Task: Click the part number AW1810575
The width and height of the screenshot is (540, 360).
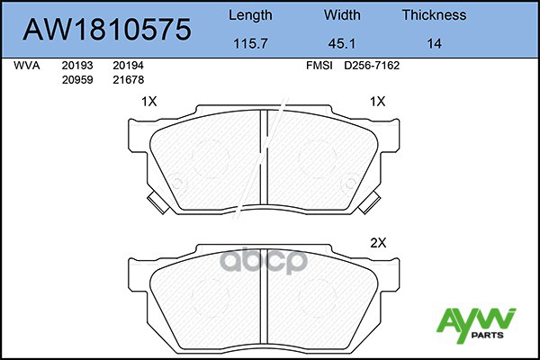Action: [x=107, y=29]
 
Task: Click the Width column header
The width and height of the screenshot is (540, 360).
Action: [x=342, y=14]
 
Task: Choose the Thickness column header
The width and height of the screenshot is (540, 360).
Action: [x=434, y=14]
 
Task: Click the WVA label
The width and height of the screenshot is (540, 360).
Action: [x=26, y=66]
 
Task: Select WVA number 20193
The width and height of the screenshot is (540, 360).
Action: [x=75, y=66]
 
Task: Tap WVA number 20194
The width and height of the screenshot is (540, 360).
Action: [x=128, y=66]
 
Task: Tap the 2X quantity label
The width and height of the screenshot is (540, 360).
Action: [x=378, y=243]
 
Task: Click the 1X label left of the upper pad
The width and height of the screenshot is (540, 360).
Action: [x=149, y=103]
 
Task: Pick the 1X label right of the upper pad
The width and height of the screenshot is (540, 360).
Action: [x=378, y=103]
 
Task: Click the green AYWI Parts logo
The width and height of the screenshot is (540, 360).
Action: [x=475, y=321]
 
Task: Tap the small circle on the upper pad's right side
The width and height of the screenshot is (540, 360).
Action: [x=352, y=177]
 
